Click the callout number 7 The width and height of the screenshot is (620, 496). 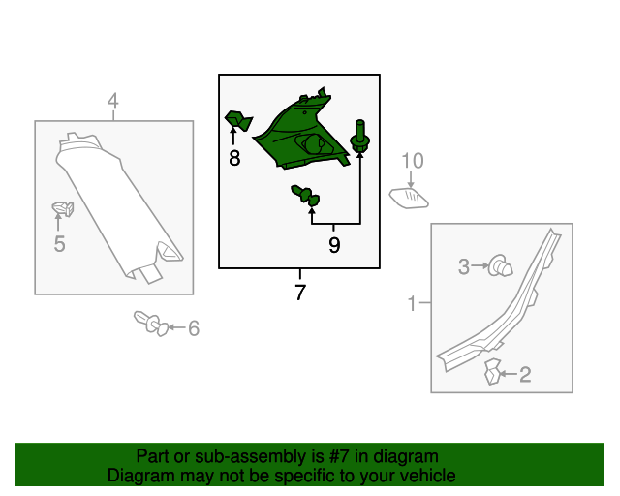point(300,293)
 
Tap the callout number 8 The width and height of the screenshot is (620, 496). point(234,158)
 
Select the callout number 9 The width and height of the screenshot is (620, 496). point(334,245)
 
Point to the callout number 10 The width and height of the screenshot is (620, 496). point(413,161)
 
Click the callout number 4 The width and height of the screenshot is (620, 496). point(113,101)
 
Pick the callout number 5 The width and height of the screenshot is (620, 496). point(59,244)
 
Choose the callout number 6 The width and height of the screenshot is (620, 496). point(194,328)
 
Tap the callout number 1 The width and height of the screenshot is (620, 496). point(412,304)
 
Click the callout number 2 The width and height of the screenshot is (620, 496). point(525,375)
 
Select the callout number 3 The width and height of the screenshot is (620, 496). point(464,266)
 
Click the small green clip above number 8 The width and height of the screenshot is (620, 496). point(238,121)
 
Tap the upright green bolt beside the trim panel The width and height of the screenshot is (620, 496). point(360,136)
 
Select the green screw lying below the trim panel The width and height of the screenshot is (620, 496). point(305,196)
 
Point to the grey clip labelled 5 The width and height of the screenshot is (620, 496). point(63,208)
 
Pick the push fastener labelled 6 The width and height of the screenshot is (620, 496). point(151,324)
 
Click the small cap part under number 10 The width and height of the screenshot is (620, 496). point(409,199)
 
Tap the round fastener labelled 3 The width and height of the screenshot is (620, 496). point(500,265)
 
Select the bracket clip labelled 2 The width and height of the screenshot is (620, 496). point(492,371)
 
